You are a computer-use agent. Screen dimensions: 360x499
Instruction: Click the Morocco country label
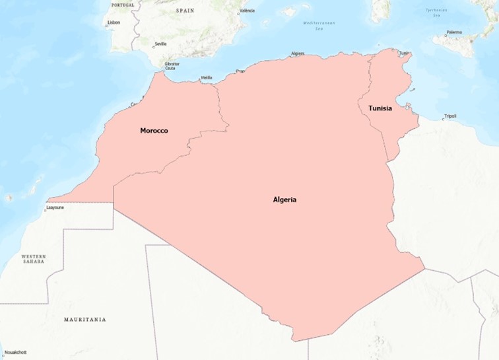pos(154,131)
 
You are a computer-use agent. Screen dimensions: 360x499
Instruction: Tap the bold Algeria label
pos(284,199)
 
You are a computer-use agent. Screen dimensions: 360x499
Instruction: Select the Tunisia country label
pos(380,108)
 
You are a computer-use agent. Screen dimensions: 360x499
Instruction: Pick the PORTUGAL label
pos(123,5)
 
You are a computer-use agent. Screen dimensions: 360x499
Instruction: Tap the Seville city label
pos(160,44)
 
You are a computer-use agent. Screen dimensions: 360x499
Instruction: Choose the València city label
pos(247,11)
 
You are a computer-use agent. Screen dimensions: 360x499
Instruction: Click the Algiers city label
pos(298,54)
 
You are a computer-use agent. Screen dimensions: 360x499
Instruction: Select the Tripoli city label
pos(450,116)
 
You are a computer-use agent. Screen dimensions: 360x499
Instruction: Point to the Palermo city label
pos(454,32)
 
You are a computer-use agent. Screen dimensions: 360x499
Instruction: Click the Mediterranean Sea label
pos(319,25)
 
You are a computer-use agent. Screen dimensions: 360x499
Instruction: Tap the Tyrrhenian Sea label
pos(436,12)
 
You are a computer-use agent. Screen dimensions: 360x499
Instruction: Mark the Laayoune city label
pos(55,207)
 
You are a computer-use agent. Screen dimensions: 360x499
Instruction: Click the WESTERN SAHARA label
pos(33,258)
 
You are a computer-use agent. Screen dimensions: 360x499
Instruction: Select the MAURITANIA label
pos(84,319)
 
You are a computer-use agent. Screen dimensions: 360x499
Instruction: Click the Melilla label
pos(207,78)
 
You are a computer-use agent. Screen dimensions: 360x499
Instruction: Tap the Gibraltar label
pos(172,63)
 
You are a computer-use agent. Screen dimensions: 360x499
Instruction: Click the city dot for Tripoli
pos(443,120)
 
